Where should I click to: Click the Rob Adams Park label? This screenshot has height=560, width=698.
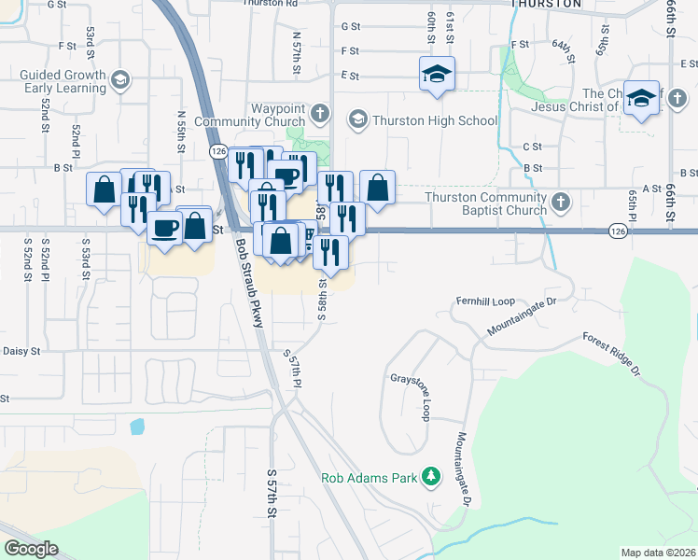click(369, 478)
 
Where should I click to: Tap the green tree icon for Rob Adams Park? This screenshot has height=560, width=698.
click(430, 478)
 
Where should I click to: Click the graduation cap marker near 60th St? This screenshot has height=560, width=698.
click(436, 75)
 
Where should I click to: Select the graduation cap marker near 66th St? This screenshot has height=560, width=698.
click(641, 99)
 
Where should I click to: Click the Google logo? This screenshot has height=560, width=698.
click(32, 549)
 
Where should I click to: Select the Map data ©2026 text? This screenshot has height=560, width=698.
click(658, 553)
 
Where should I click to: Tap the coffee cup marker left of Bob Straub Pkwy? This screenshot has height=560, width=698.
click(165, 228)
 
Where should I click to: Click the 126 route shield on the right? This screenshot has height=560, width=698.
click(618, 231)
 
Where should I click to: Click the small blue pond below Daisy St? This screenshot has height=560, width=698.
click(138, 427)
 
